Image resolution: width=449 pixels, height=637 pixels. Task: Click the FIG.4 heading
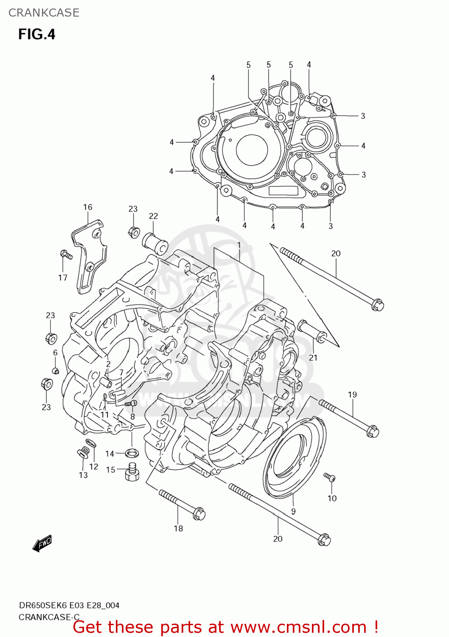[x=36, y=34]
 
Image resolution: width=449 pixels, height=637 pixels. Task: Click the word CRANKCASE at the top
[x=44, y=13]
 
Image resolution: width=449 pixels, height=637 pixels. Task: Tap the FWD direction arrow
[x=42, y=543]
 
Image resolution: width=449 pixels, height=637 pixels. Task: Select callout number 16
[x=87, y=207]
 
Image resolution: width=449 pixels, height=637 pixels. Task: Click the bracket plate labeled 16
[x=90, y=255]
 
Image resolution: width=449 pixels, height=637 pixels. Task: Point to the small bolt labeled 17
[x=66, y=254]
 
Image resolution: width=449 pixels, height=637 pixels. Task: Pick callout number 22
[x=153, y=216]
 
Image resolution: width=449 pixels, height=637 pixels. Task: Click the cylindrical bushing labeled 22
[x=155, y=244]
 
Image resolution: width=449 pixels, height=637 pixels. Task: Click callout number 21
[x=313, y=358]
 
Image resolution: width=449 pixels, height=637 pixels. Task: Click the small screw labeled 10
[x=330, y=478]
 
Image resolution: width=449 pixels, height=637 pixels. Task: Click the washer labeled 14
[x=132, y=453]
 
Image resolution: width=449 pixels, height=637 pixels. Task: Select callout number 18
[x=178, y=528]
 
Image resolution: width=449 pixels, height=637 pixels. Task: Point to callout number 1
[x=239, y=245]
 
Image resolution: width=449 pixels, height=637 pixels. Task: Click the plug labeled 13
[x=82, y=454]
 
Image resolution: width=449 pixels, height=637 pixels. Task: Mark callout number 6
[x=55, y=353]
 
